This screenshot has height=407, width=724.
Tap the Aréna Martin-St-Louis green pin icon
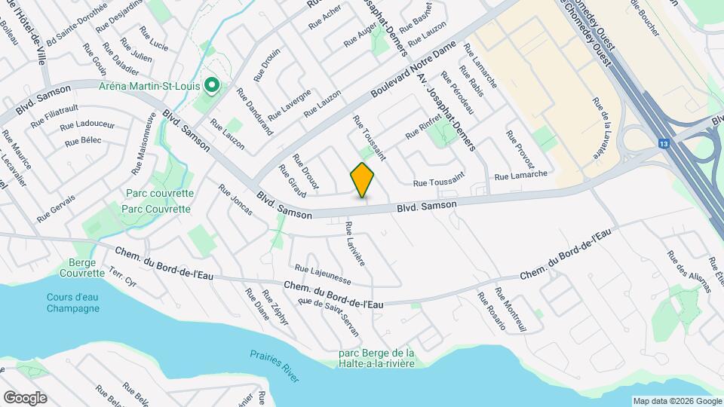pyautogui.click(x=213, y=87)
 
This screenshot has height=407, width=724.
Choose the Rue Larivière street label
pyautogui.click(x=354, y=243)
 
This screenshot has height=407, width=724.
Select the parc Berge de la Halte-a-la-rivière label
pyautogui.click(x=376, y=358)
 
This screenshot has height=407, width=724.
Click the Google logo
pyautogui.click(x=25, y=397)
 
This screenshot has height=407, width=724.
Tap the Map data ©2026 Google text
pyautogui.click(x=676, y=401)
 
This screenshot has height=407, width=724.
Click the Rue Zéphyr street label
pyautogui.click(x=276, y=307)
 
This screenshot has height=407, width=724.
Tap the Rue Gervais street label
pyautogui.click(x=56, y=209)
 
